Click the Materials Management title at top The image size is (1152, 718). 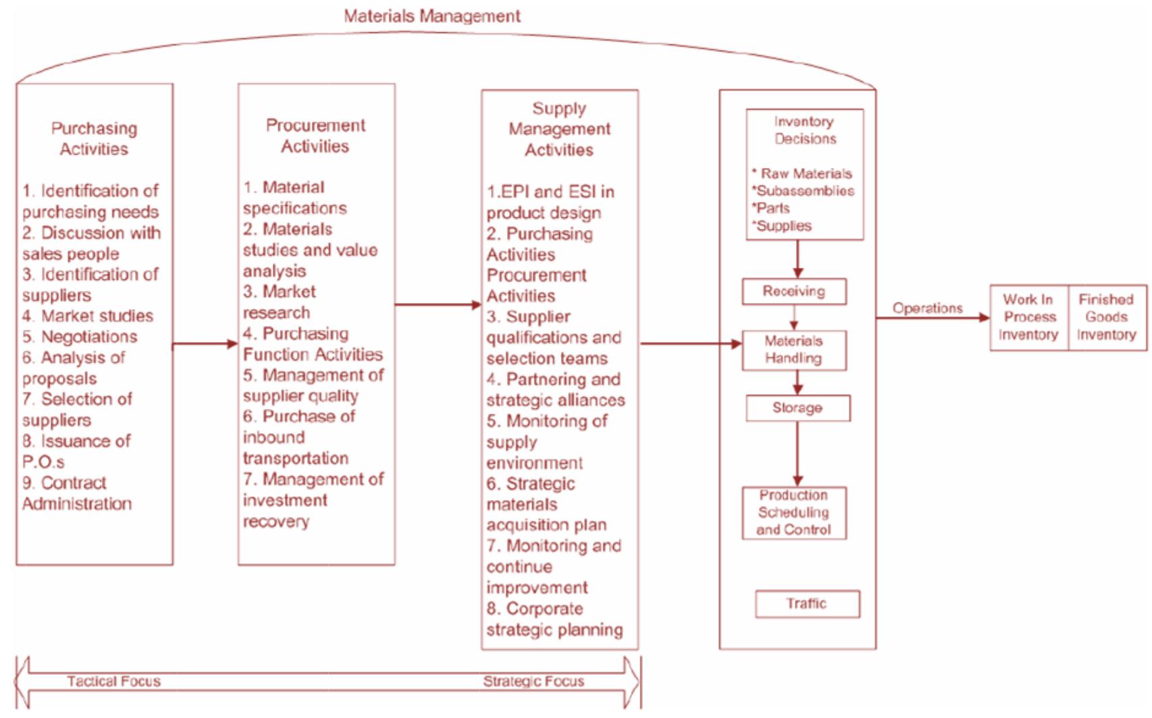click(x=432, y=16)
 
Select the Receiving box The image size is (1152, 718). click(x=794, y=292)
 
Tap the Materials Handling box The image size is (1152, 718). click(x=794, y=350)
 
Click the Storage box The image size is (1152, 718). click(x=797, y=408)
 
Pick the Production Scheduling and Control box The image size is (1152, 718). click(x=793, y=512)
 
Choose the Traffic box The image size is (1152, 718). click(x=807, y=603)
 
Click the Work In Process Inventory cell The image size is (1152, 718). click(x=1028, y=317)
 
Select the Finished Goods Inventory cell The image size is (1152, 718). click(x=1107, y=317)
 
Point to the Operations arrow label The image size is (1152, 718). click(x=927, y=308)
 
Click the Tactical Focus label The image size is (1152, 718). click(x=113, y=682)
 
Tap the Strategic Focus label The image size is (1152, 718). click(x=533, y=682)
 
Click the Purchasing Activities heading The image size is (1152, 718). click(x=94, y=138)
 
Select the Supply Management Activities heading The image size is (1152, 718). click(x=559, y=129)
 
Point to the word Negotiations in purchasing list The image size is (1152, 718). click(x=88, y=337)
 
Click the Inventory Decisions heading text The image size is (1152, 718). click(x=805, y=130)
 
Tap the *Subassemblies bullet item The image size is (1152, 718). click(x=803, y=191)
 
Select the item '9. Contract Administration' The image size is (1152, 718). click(x=76, y=493)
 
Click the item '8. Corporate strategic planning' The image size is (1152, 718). click(x=554, y=619)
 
